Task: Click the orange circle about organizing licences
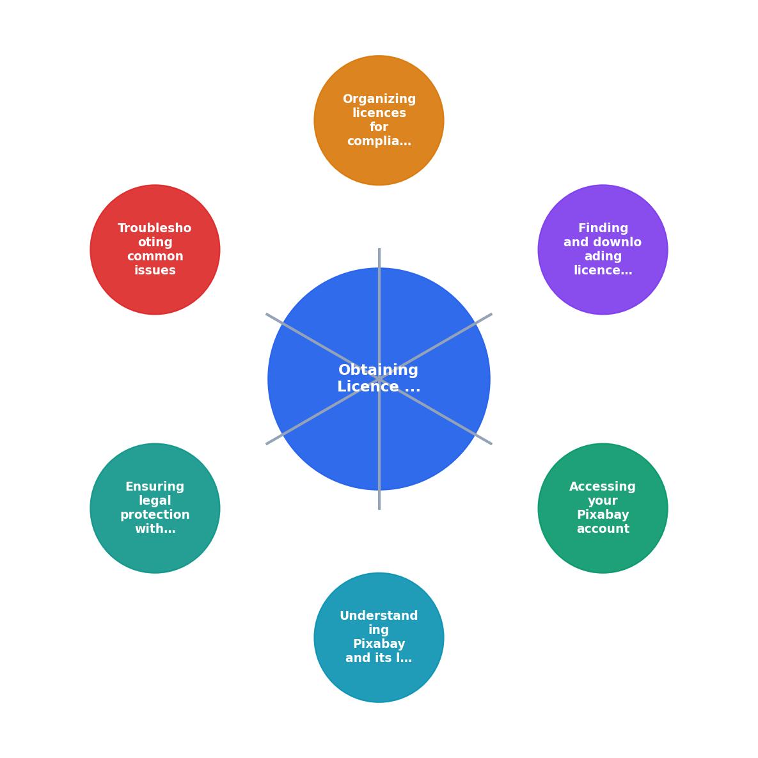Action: pyautogui.click(x=379, y=120)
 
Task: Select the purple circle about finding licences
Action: pyautogui.click(x=603, y=249)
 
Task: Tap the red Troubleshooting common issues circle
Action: pyautogui.click(x=155, y=249)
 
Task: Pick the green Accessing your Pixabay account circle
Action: pyautogui.click(x=603, y=508)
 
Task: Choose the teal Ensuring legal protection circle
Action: pyautogui.click(x=155, y=508)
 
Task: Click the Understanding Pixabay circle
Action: pyautogui.click(x=379, y=638)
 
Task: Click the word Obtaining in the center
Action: pyautogui.click(x=378, y=370)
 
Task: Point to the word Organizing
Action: pyautogui.click(x=379, y=100)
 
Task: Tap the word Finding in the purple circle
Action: pyautogui.click(x=603, y=228)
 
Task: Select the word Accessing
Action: pyautogui.click(x=603, y=487)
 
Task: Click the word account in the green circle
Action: pyautogui.click(x=603, y=529)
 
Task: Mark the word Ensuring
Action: pyautogui.click(x=155, y=487)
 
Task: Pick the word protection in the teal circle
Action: pyautogui.click(x=155, y=516)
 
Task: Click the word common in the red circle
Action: pyautogui.click(x=155, y=257)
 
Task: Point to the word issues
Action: pyautogui.click(x=155, y=270)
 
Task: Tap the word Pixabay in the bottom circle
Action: pyautogui.click(x=379, y=644)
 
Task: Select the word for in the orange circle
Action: pyautogui.click(x=379, y=127)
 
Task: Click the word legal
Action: pyautogui.click(x=155, y=501)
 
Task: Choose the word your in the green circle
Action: pyautogui.click(x=603, y=501)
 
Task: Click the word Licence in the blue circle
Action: pyautogui.click(x=368, y=387)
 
